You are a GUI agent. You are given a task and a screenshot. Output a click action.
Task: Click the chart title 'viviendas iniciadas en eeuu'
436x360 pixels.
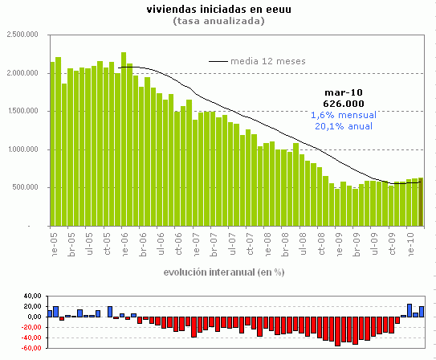(218, 10)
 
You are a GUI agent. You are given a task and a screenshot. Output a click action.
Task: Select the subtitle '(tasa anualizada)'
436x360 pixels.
(218, 21)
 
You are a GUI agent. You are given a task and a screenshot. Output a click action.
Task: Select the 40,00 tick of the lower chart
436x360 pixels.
(29, 297)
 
